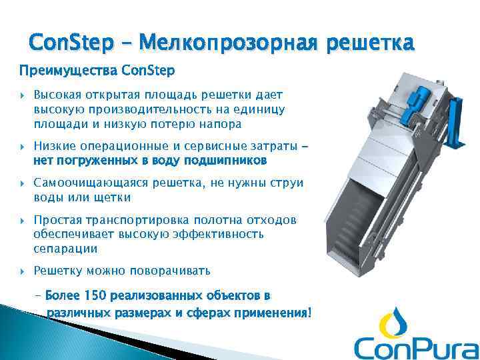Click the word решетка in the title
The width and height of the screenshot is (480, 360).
point(370,43)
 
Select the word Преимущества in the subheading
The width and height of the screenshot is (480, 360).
point(58,70)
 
